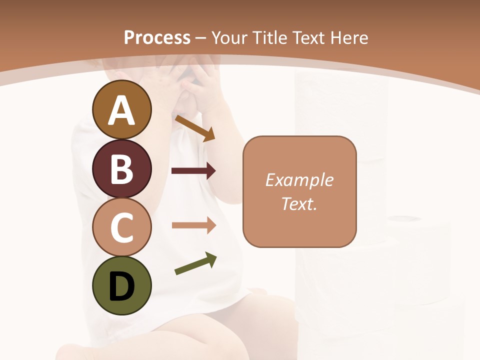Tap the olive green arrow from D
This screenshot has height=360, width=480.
click(195, 263)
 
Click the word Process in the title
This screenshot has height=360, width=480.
click(157, 38)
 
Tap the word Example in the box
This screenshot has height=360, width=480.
click(299, 180)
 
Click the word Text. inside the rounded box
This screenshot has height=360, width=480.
click(299, 203)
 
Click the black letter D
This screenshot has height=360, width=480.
click(121, 287)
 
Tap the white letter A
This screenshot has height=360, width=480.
click(121, 110)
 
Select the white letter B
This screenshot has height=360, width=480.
click(121, 169)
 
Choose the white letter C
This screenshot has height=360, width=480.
click(121, 227)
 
